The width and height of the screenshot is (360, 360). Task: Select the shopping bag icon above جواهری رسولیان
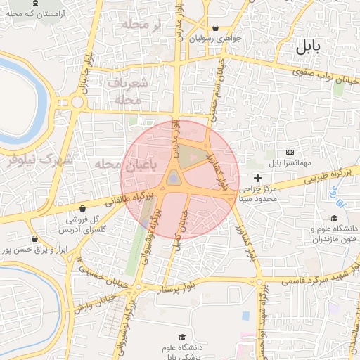216,29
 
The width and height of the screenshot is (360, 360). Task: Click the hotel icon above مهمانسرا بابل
290,153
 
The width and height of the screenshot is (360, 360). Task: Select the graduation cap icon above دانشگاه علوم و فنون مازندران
335,217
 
